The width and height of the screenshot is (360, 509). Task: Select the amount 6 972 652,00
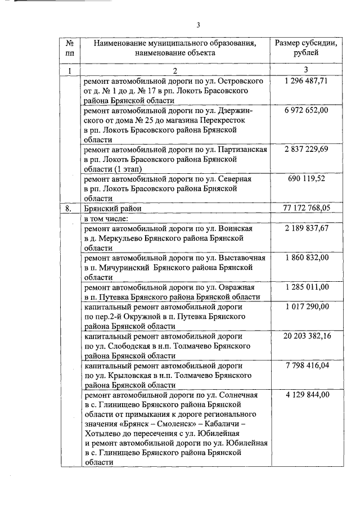coord(306,110)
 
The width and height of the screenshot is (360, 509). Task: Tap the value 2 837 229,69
coord(306,149)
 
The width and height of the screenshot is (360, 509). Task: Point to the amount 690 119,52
coord(306,178)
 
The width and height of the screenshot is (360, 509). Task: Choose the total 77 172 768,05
coord(306,208)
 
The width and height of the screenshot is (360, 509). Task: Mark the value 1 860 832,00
coord(306,258)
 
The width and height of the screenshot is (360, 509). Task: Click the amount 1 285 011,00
coord(306,287)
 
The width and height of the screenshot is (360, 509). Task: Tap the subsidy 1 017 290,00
coord(306,307)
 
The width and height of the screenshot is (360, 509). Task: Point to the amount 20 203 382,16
coord(306,336)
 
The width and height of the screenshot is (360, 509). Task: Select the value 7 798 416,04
coord(306,366)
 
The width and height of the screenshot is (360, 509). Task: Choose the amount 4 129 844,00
coord(306,395)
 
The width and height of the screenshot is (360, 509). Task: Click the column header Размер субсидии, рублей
coord(306,48)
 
